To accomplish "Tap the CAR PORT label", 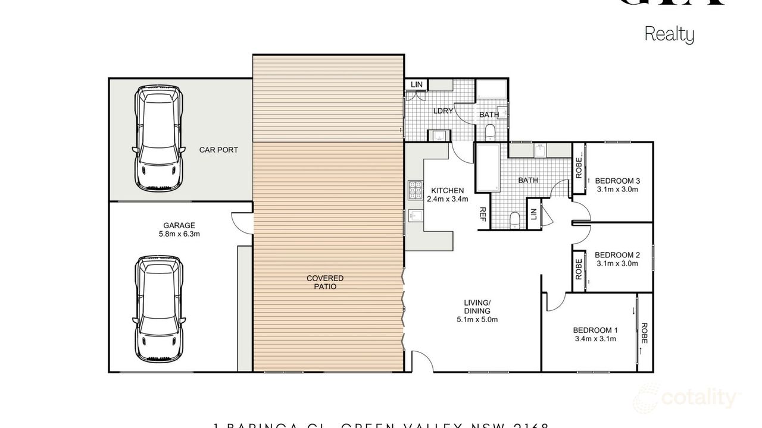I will click(218, 150).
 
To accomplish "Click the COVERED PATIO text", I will click(325, 282).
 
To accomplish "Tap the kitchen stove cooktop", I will click(414, 190).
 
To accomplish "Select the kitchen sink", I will click(416, 217).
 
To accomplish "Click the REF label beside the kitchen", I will click(482, 215).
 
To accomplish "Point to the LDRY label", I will click(443, 111).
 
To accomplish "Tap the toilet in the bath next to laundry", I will click(489, 131).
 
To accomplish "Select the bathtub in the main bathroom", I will click(487, 168).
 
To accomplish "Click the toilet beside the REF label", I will click(514, 219).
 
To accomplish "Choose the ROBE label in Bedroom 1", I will click(644, 333).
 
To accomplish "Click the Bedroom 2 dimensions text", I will click(617, 263).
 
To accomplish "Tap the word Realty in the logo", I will click(669, 34).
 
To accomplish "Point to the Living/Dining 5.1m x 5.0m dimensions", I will click(477, 319).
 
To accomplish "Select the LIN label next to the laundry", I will click(417, 85).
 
